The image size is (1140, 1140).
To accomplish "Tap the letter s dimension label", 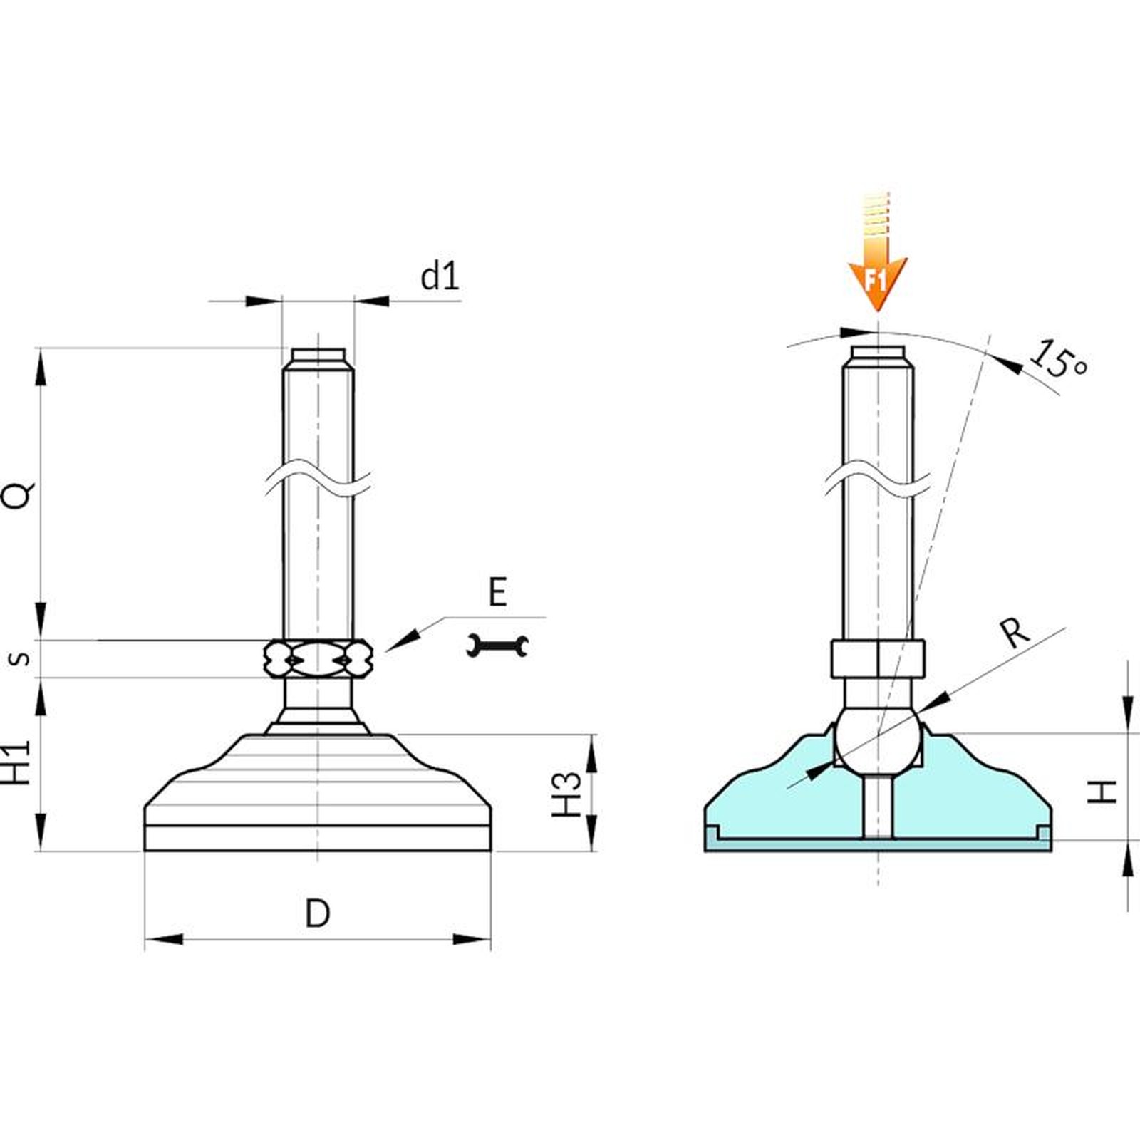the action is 22,658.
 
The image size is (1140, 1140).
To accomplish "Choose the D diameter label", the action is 318,913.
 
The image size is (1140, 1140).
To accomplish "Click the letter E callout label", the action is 497,593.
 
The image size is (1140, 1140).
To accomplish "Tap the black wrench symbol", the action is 497,646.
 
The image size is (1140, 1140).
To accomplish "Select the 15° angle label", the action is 1059,361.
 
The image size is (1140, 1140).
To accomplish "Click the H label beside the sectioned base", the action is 1103,792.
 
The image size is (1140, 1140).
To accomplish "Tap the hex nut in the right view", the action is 879,659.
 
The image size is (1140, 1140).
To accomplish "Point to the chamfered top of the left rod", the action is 318,359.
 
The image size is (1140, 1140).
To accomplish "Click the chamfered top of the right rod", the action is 879,358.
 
